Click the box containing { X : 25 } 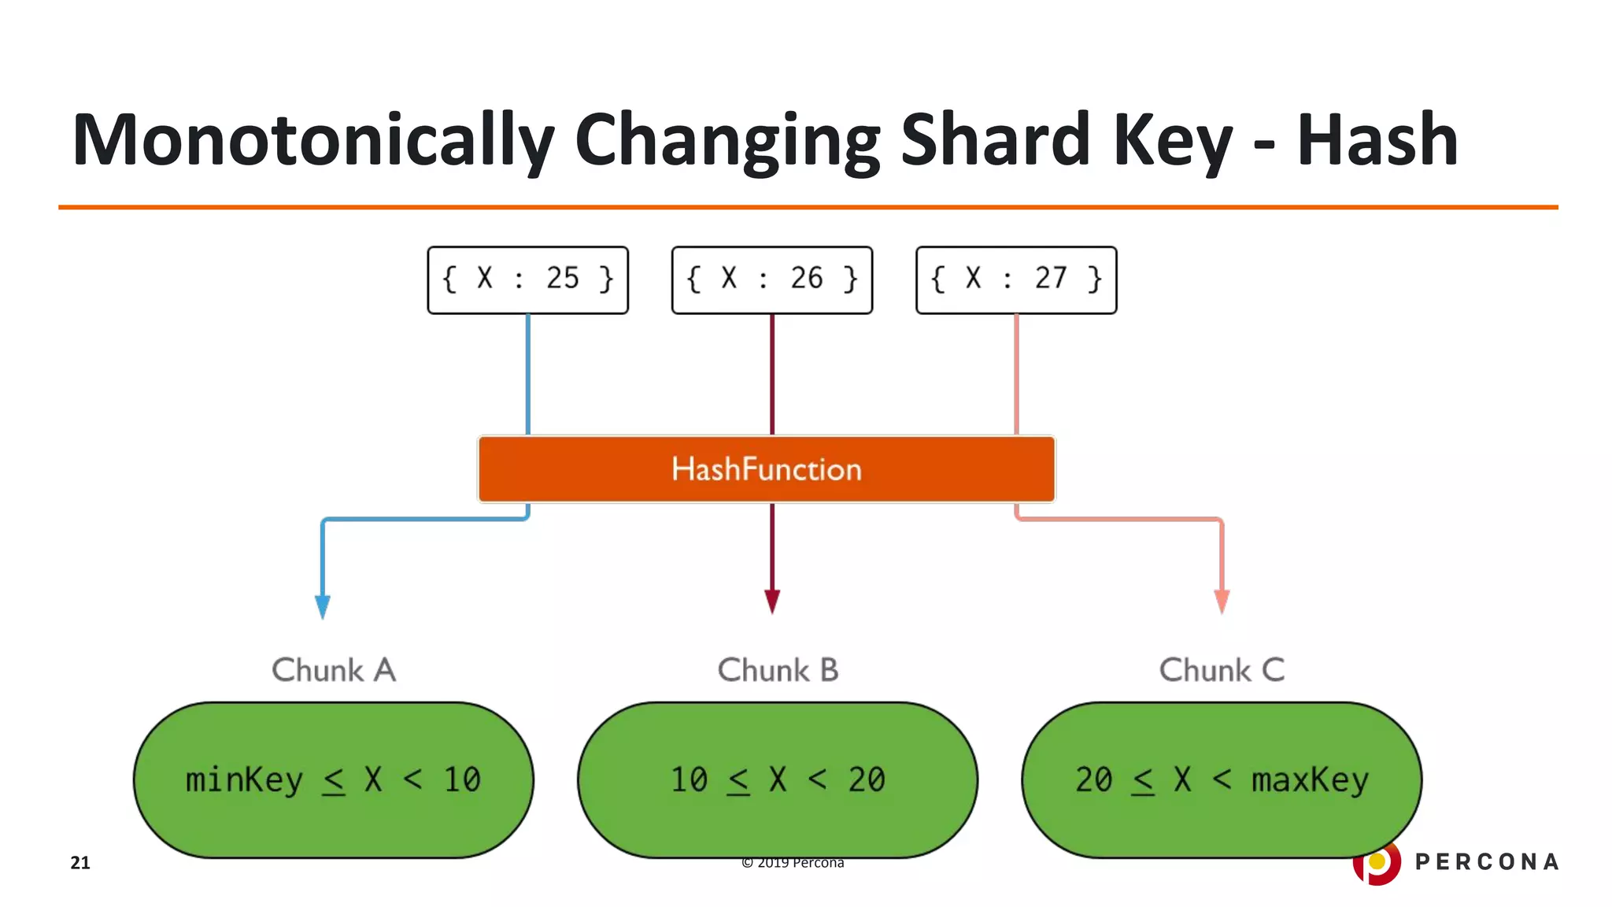(527, 280)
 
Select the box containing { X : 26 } (771, 280)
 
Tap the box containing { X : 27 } (1015, 280)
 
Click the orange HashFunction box (766, 469)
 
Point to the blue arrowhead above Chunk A (323, 606)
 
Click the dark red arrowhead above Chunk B (772, 602)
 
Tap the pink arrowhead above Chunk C (1222, 602)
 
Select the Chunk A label (334, 670)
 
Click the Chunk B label (778, 670)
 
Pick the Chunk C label (1222, 670)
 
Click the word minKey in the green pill (244, 780)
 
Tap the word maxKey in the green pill (1310, 780)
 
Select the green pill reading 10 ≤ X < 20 (778, 779)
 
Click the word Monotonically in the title (313, 140)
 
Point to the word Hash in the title (1377, 140)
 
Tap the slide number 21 (80, 863)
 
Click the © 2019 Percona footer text (793, 863)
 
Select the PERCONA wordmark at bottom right (1486, 862)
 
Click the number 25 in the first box (563, 278)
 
